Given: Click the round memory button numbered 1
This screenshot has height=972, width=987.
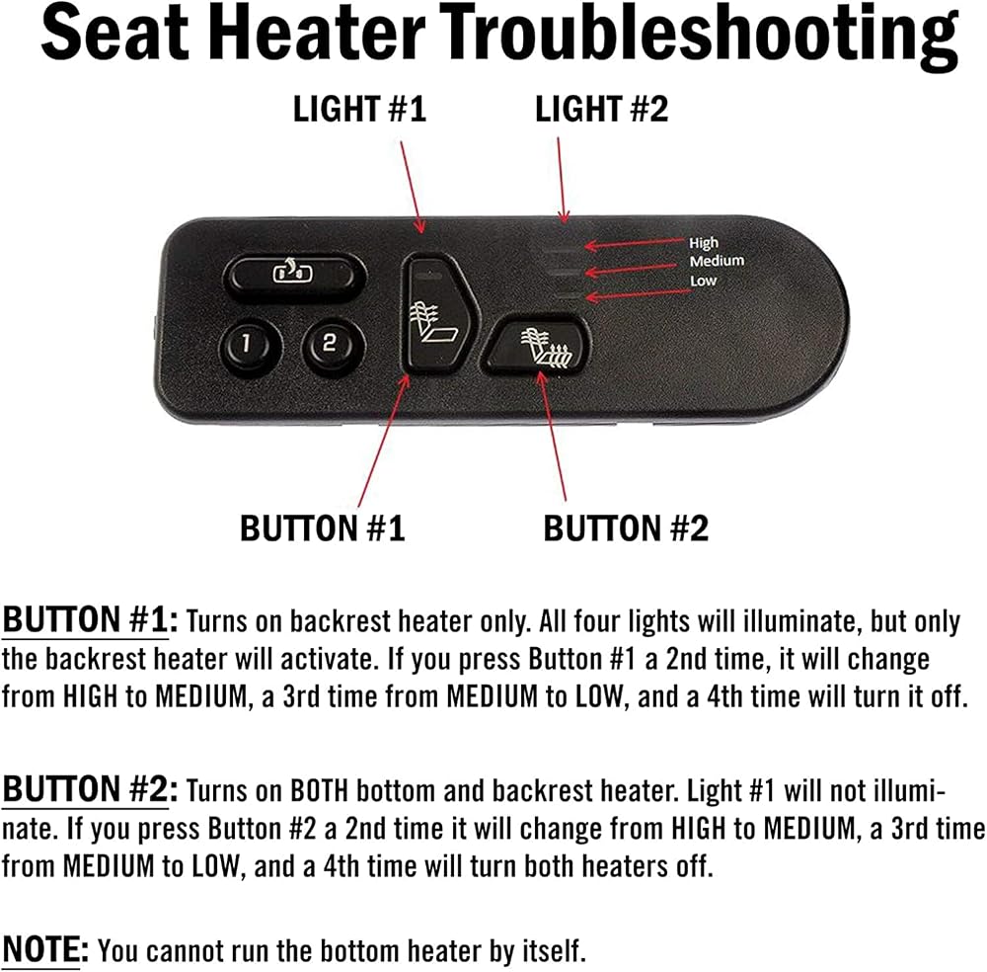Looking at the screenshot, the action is tap(246, 345).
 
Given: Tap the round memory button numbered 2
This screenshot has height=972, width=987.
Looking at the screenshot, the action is tap(330, 344).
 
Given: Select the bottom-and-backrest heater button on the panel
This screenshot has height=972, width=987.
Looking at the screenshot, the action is tap(537, 348).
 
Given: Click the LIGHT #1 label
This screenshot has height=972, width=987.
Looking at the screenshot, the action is tap(360, 109).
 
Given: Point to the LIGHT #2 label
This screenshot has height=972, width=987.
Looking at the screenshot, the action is tap(602, 109).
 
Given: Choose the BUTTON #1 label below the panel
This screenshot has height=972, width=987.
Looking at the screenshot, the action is tap(323, 527).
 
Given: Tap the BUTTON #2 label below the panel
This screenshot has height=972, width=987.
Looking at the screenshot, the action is tap(626, 527).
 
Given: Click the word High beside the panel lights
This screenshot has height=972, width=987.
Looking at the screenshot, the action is tap(703, 243).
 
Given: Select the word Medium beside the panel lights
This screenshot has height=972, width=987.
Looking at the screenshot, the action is tap(717, 261).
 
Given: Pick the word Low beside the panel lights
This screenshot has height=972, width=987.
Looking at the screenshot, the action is tap(703, 281).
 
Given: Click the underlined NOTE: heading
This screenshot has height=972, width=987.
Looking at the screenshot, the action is tap(45, 948).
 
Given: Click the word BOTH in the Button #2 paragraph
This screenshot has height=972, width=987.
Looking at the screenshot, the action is tap(319, 791).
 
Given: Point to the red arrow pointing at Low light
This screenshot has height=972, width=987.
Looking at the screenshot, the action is tap(639, 294).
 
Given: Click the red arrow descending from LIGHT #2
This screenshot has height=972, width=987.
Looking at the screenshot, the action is tap(562, 180).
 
